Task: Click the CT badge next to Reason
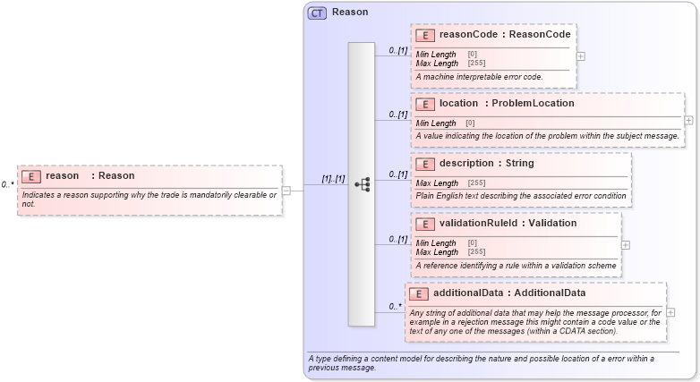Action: click(318, 13)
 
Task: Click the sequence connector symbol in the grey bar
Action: click(363, 184)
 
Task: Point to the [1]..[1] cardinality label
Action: click(333, 179)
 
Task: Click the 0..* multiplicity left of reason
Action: click(7, 185)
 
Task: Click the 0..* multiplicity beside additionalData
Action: click(395, 307)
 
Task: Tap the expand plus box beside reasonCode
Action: click(581, 55)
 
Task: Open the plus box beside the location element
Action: click(688, 119)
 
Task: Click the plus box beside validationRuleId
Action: click(625, 244)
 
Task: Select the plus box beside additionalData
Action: click(670, 312)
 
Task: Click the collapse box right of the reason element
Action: click(286, 190)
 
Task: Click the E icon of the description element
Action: click(427, 164)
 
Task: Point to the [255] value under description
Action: click(476, 183)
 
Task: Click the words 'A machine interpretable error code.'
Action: click(479, 77)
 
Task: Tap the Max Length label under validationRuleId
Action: click(437, 251)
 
